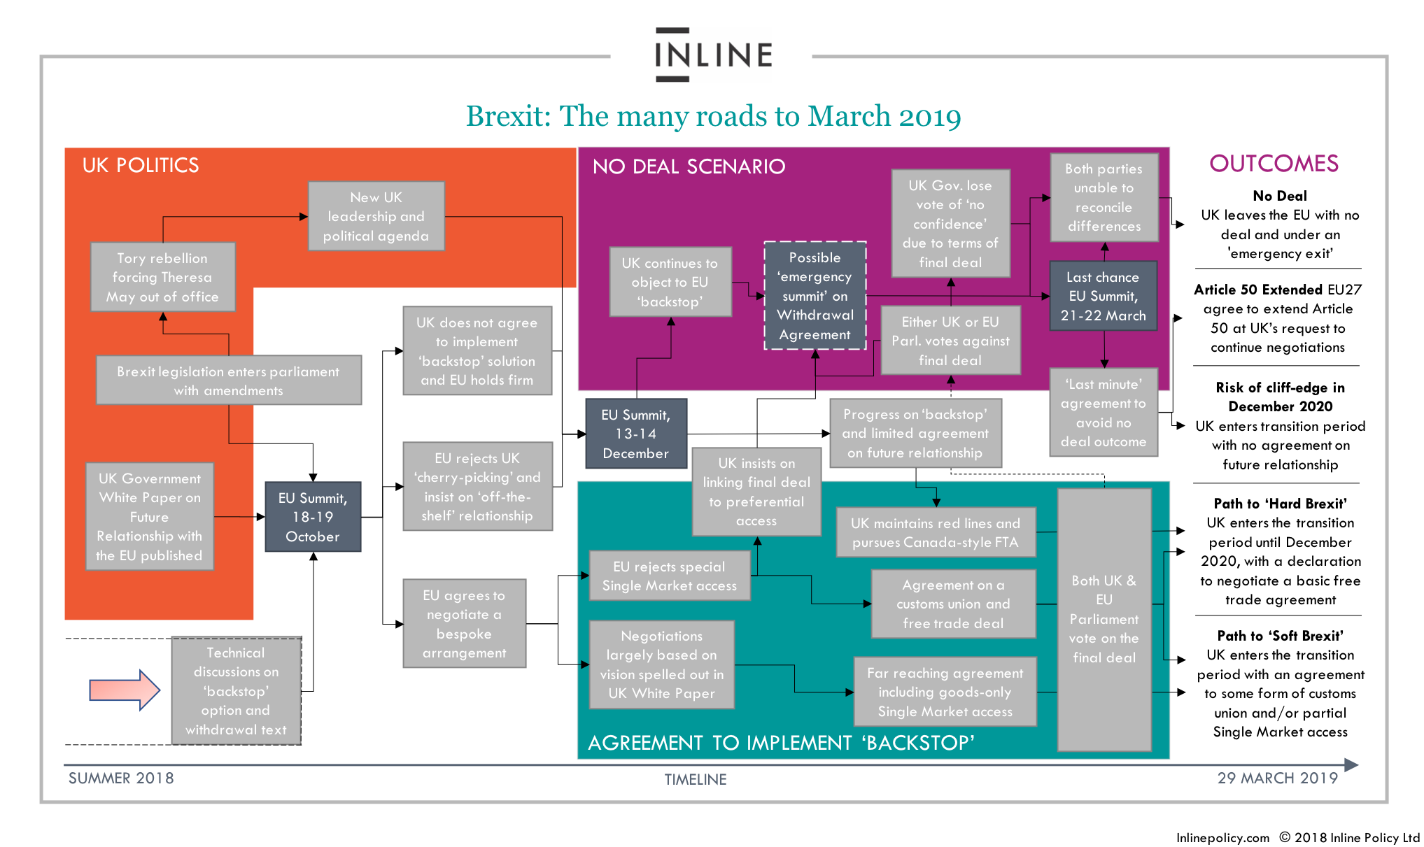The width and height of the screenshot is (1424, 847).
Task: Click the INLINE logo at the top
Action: click(713, 55)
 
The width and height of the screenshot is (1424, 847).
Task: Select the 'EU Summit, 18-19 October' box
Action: click(313, 517)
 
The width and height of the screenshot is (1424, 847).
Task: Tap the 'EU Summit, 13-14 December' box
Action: click(635, 434)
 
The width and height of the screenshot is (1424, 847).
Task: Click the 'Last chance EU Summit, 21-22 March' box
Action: click(1103, 296)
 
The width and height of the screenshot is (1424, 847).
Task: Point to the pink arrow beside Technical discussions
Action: click(125, 690)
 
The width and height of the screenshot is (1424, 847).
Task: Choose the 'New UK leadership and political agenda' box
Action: click(376, 216)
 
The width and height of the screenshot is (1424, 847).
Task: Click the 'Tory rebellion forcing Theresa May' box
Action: click(162, 277)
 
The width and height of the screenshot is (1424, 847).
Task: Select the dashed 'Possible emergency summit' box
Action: click(815, 296)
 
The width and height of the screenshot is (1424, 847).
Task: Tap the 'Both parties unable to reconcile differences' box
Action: click(1104, 197)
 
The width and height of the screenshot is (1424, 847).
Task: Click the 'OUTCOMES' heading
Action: click(1274, 164)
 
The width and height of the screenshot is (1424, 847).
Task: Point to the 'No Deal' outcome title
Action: click(1280, 196)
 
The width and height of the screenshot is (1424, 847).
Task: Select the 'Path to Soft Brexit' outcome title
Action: click(1280, 636)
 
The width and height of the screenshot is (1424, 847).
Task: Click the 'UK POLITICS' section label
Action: click(141, 165)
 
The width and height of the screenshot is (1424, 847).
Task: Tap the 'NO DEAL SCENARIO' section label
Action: click(689, 166)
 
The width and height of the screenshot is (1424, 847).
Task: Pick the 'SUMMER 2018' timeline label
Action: click(121, 778)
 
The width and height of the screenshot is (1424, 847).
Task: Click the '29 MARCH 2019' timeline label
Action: click(1277, 778)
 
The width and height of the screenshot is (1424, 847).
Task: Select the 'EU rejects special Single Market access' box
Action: click(669, 576)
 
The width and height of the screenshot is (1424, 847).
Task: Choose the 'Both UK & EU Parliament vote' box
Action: click(1104, 619)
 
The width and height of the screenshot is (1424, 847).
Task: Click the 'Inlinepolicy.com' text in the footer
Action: click(1222, 837)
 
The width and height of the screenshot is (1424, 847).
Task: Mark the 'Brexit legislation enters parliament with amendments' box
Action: click(228, 380)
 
